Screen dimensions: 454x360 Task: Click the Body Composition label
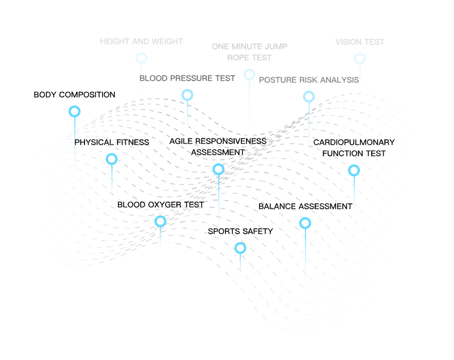click(x=74, y=95)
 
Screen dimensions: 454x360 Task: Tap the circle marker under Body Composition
click(x=74, y=106)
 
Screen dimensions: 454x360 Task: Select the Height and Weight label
click(x=141, y=41)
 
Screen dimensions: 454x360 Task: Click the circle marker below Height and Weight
click(x=141, y=53)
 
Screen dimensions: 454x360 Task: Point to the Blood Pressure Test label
click(x=187, y=78)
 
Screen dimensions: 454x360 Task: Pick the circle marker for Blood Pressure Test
click(x=188, y=90)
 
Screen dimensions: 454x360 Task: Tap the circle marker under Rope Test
click(x=249, y=70)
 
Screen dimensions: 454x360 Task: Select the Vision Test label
click(x=360, y=42)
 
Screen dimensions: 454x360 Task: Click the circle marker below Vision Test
click(x=360, y=54)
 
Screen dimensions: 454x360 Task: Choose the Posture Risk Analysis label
click(x=309, y=80)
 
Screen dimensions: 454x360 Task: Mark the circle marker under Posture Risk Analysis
click(x=309, y=92)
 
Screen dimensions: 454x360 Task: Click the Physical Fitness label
click(x=112, y=142)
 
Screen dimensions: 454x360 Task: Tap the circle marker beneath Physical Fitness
click(x=112, y=154)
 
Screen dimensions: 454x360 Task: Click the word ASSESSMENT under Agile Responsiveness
click(x=218, y=153)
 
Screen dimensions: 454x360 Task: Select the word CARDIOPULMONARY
click(x=354, y=142)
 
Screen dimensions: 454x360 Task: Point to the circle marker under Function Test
click(x=354, y=166)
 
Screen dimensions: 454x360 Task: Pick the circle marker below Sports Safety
click(x=240, y=243)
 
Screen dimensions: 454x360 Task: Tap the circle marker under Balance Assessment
click(x=305, y=218)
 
